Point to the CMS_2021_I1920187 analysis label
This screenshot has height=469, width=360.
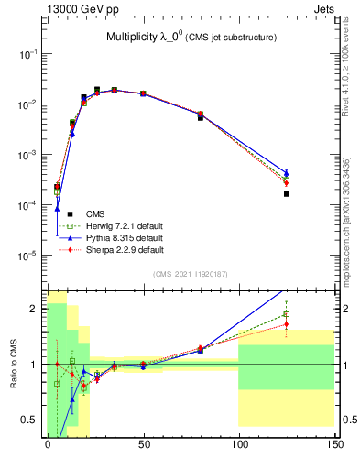(191, 274)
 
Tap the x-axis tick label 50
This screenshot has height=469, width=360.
(143, 445)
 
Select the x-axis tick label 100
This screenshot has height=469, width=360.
(238, 445)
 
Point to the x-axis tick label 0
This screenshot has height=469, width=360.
(48, 445)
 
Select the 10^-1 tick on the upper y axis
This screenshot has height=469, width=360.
(27, 55)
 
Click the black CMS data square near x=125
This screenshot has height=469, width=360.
(287, 194)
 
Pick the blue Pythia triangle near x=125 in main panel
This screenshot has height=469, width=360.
(287, 172)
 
